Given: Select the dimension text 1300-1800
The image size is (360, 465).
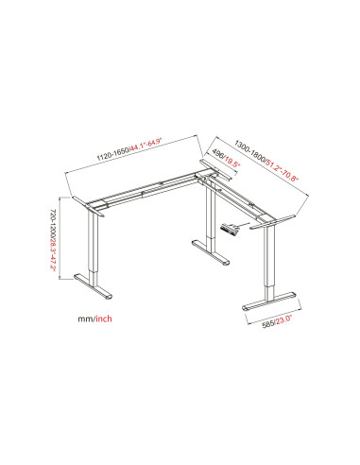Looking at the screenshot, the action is [x=250, y=151].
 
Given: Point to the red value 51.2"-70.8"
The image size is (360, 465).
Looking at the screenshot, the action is [x=283, y=171].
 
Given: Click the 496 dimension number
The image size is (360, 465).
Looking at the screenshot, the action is [x=218, y=153].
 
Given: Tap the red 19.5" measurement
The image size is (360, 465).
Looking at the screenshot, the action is [x=232, y=162].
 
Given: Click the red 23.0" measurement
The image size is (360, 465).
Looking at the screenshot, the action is [x=284, y=319].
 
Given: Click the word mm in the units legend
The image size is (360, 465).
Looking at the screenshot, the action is [x=85, y=319].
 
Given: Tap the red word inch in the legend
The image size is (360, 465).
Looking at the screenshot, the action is [x=104, y=319].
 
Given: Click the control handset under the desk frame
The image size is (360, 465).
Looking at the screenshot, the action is [x=230, y=228].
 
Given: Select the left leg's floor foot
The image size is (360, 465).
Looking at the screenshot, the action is [x=94, y=286].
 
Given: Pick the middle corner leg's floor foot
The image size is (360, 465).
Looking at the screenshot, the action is [x=211, y=253].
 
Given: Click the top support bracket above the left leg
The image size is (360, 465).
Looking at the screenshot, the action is [x=88, y=206].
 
